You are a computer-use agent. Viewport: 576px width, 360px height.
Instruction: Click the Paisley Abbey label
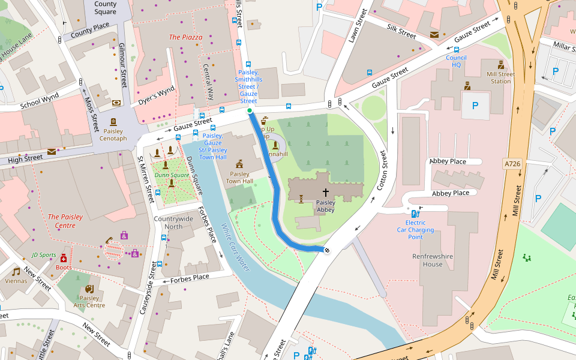pos(325,206)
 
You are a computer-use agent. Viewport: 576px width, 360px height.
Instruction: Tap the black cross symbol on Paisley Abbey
pos(326,193)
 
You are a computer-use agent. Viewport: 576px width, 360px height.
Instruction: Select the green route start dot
pos(250,110)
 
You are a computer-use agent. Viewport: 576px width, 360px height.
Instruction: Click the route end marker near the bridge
pos(327,250)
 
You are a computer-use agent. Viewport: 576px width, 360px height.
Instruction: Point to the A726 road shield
pos(512,163)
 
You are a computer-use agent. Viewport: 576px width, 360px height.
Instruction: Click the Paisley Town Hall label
pos(239,178)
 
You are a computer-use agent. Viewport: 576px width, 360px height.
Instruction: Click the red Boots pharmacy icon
pos(63,258)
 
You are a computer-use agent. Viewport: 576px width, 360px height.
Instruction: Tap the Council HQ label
pos(456,61)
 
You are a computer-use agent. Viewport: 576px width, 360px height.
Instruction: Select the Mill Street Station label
pos(500,77)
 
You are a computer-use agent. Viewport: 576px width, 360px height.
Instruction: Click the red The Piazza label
pos(185,37)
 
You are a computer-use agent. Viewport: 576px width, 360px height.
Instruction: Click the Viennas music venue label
pos(16,280)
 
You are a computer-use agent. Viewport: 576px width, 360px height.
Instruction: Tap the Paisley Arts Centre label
pos(89,301)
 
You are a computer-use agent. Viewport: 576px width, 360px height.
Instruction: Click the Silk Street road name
pos(401,32)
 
